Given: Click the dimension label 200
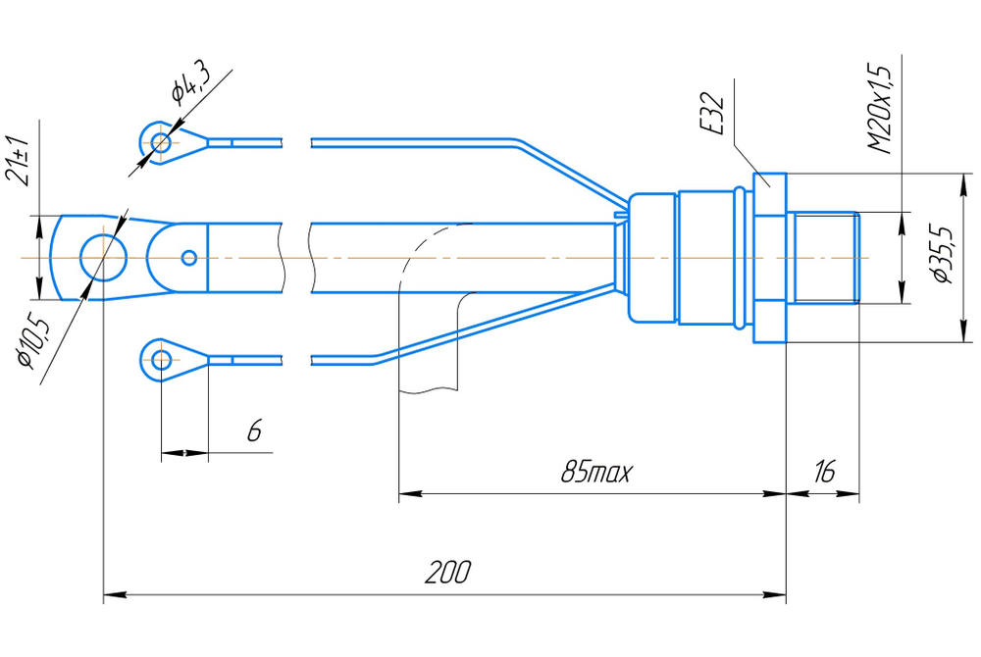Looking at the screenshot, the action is click(448, 572).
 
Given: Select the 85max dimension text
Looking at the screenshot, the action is click(596, 471).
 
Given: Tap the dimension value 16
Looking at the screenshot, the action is click(824, 471).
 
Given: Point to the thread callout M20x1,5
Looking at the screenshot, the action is click(880, 108).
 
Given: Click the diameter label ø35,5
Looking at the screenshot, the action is click(942, 253).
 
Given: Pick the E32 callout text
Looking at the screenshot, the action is click(711, 114).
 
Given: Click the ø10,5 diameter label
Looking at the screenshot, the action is click(32, 342).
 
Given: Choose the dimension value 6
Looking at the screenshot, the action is click(254, 430).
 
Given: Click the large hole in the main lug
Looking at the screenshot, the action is click(103, 258).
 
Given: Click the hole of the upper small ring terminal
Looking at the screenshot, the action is click(161, 143).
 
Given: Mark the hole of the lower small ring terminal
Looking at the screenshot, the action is click(162, 360).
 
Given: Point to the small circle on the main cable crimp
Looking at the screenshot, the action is click(189, 258).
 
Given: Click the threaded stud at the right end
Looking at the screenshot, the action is click(823, 258).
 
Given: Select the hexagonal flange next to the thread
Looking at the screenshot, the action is click(769, 258).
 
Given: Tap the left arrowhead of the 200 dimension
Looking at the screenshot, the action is click(115, 594).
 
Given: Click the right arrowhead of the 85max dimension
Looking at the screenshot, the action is click(774, 494).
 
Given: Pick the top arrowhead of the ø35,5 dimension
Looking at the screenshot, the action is click(961, 185).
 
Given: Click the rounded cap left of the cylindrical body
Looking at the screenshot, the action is click(652, 258).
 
